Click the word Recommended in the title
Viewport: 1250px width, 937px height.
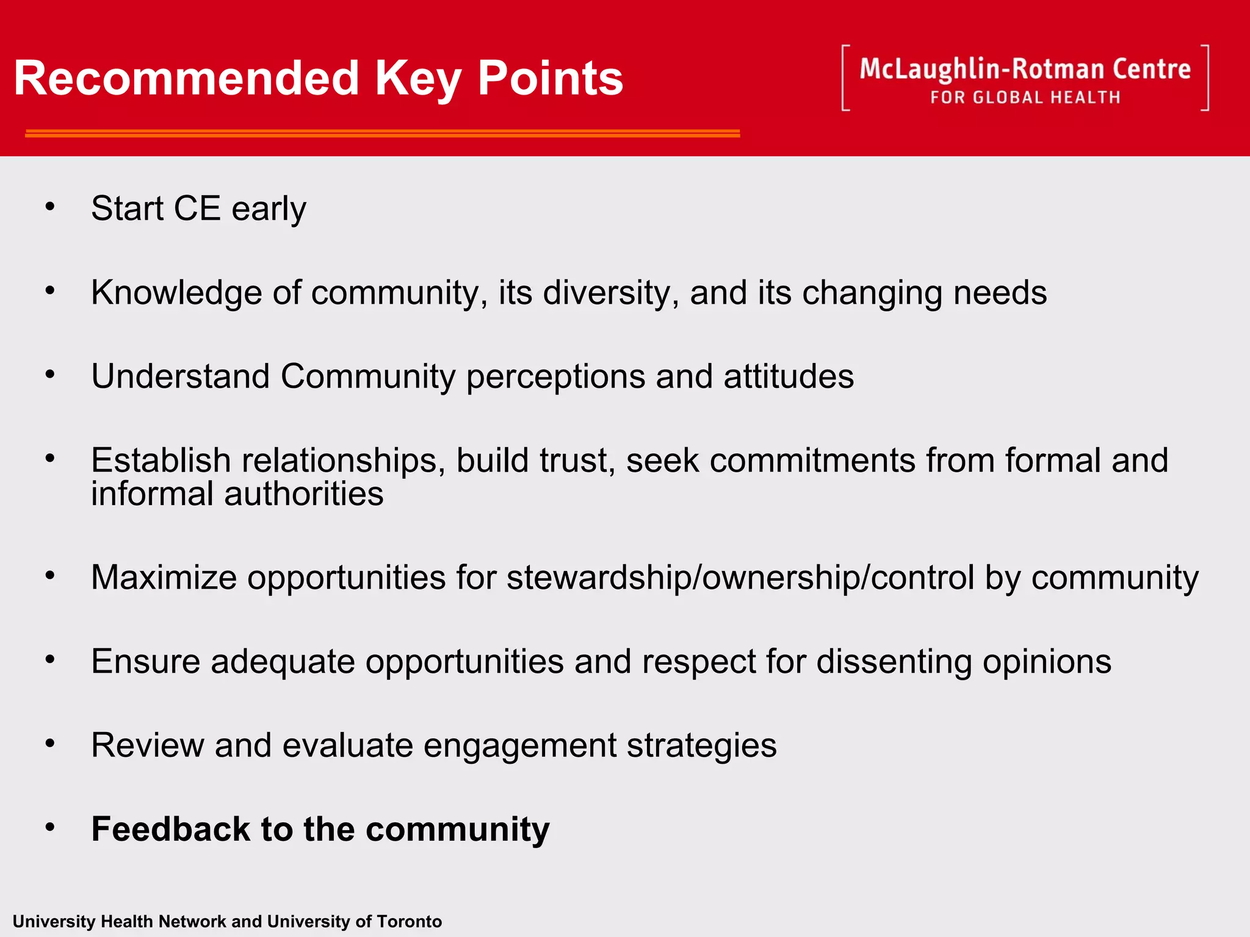point(186,78)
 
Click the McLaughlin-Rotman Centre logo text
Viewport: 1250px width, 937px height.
point(1025,69)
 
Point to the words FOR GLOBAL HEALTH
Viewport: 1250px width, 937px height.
point(1025,98)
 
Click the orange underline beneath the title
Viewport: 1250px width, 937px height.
point(382,133)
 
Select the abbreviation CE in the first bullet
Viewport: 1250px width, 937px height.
point(197,209)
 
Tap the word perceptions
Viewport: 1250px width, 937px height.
point(555,376)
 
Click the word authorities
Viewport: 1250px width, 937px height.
point(303,494)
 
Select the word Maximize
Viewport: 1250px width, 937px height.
point(164,577)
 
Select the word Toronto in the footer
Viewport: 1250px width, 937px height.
point(409,921)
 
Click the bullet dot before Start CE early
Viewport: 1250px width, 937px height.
point(50,207)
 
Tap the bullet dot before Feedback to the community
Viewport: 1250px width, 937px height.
point(50,827)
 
